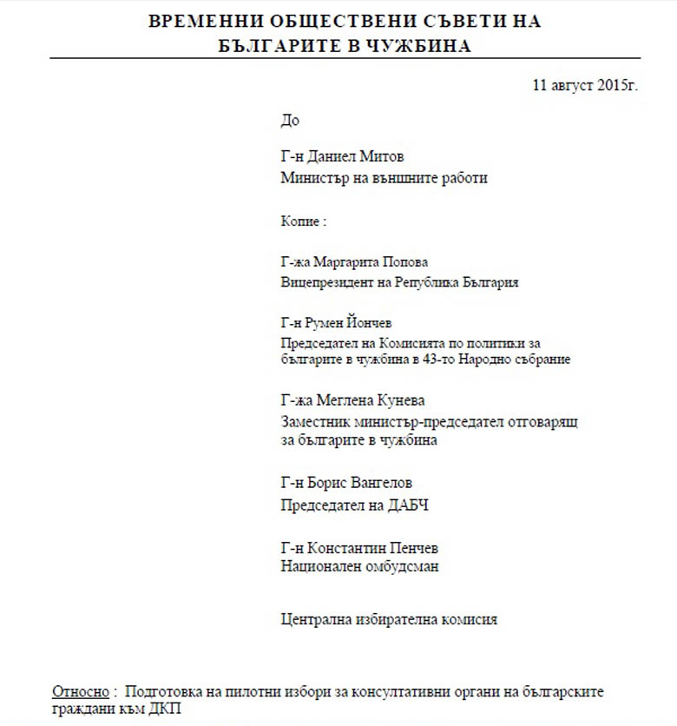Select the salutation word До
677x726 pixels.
pos(290,121)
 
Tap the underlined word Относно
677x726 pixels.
pos(81,692)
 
